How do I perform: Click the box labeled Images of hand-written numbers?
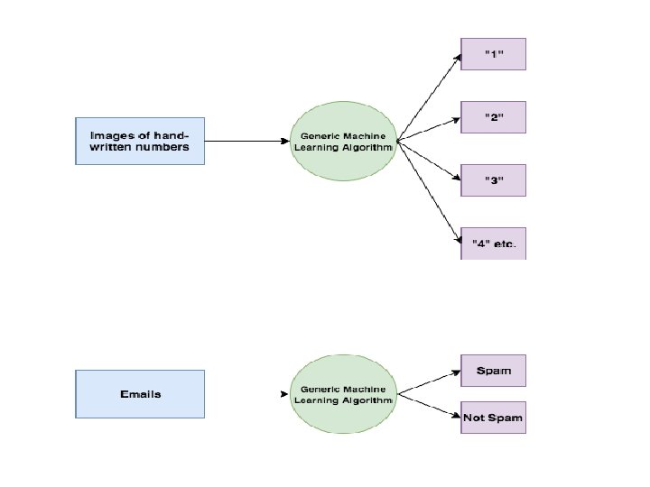click(x=140, y=142)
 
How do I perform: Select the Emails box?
click(x=140, y=394)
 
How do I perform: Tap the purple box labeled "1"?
click(x=493, y=54)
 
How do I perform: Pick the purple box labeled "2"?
click(x=493, y=117)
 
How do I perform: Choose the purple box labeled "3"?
click(x=493, y=180)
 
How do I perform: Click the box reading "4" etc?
click(x=493, y=243)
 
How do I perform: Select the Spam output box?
click(x=493, y=371)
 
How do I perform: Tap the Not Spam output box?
click(x=493, y=418)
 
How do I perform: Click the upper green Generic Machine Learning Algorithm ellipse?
click(x=343, y=142)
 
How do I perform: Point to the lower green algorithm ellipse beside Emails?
click(x=343, y=394)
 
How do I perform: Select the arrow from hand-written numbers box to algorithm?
click(x=247, y=142)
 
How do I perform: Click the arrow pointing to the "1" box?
click(x=429, y=97)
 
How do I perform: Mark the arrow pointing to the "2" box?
click(x=429, y=130)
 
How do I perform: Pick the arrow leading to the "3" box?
click(x=429, y=161)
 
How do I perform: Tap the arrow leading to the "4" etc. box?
click(x=429, y=192)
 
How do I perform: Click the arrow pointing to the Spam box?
click(x=429, y=382)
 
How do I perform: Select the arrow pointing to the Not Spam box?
click(x=429, y=406)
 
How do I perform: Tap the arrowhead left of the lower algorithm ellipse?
click(x=284, y=394)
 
